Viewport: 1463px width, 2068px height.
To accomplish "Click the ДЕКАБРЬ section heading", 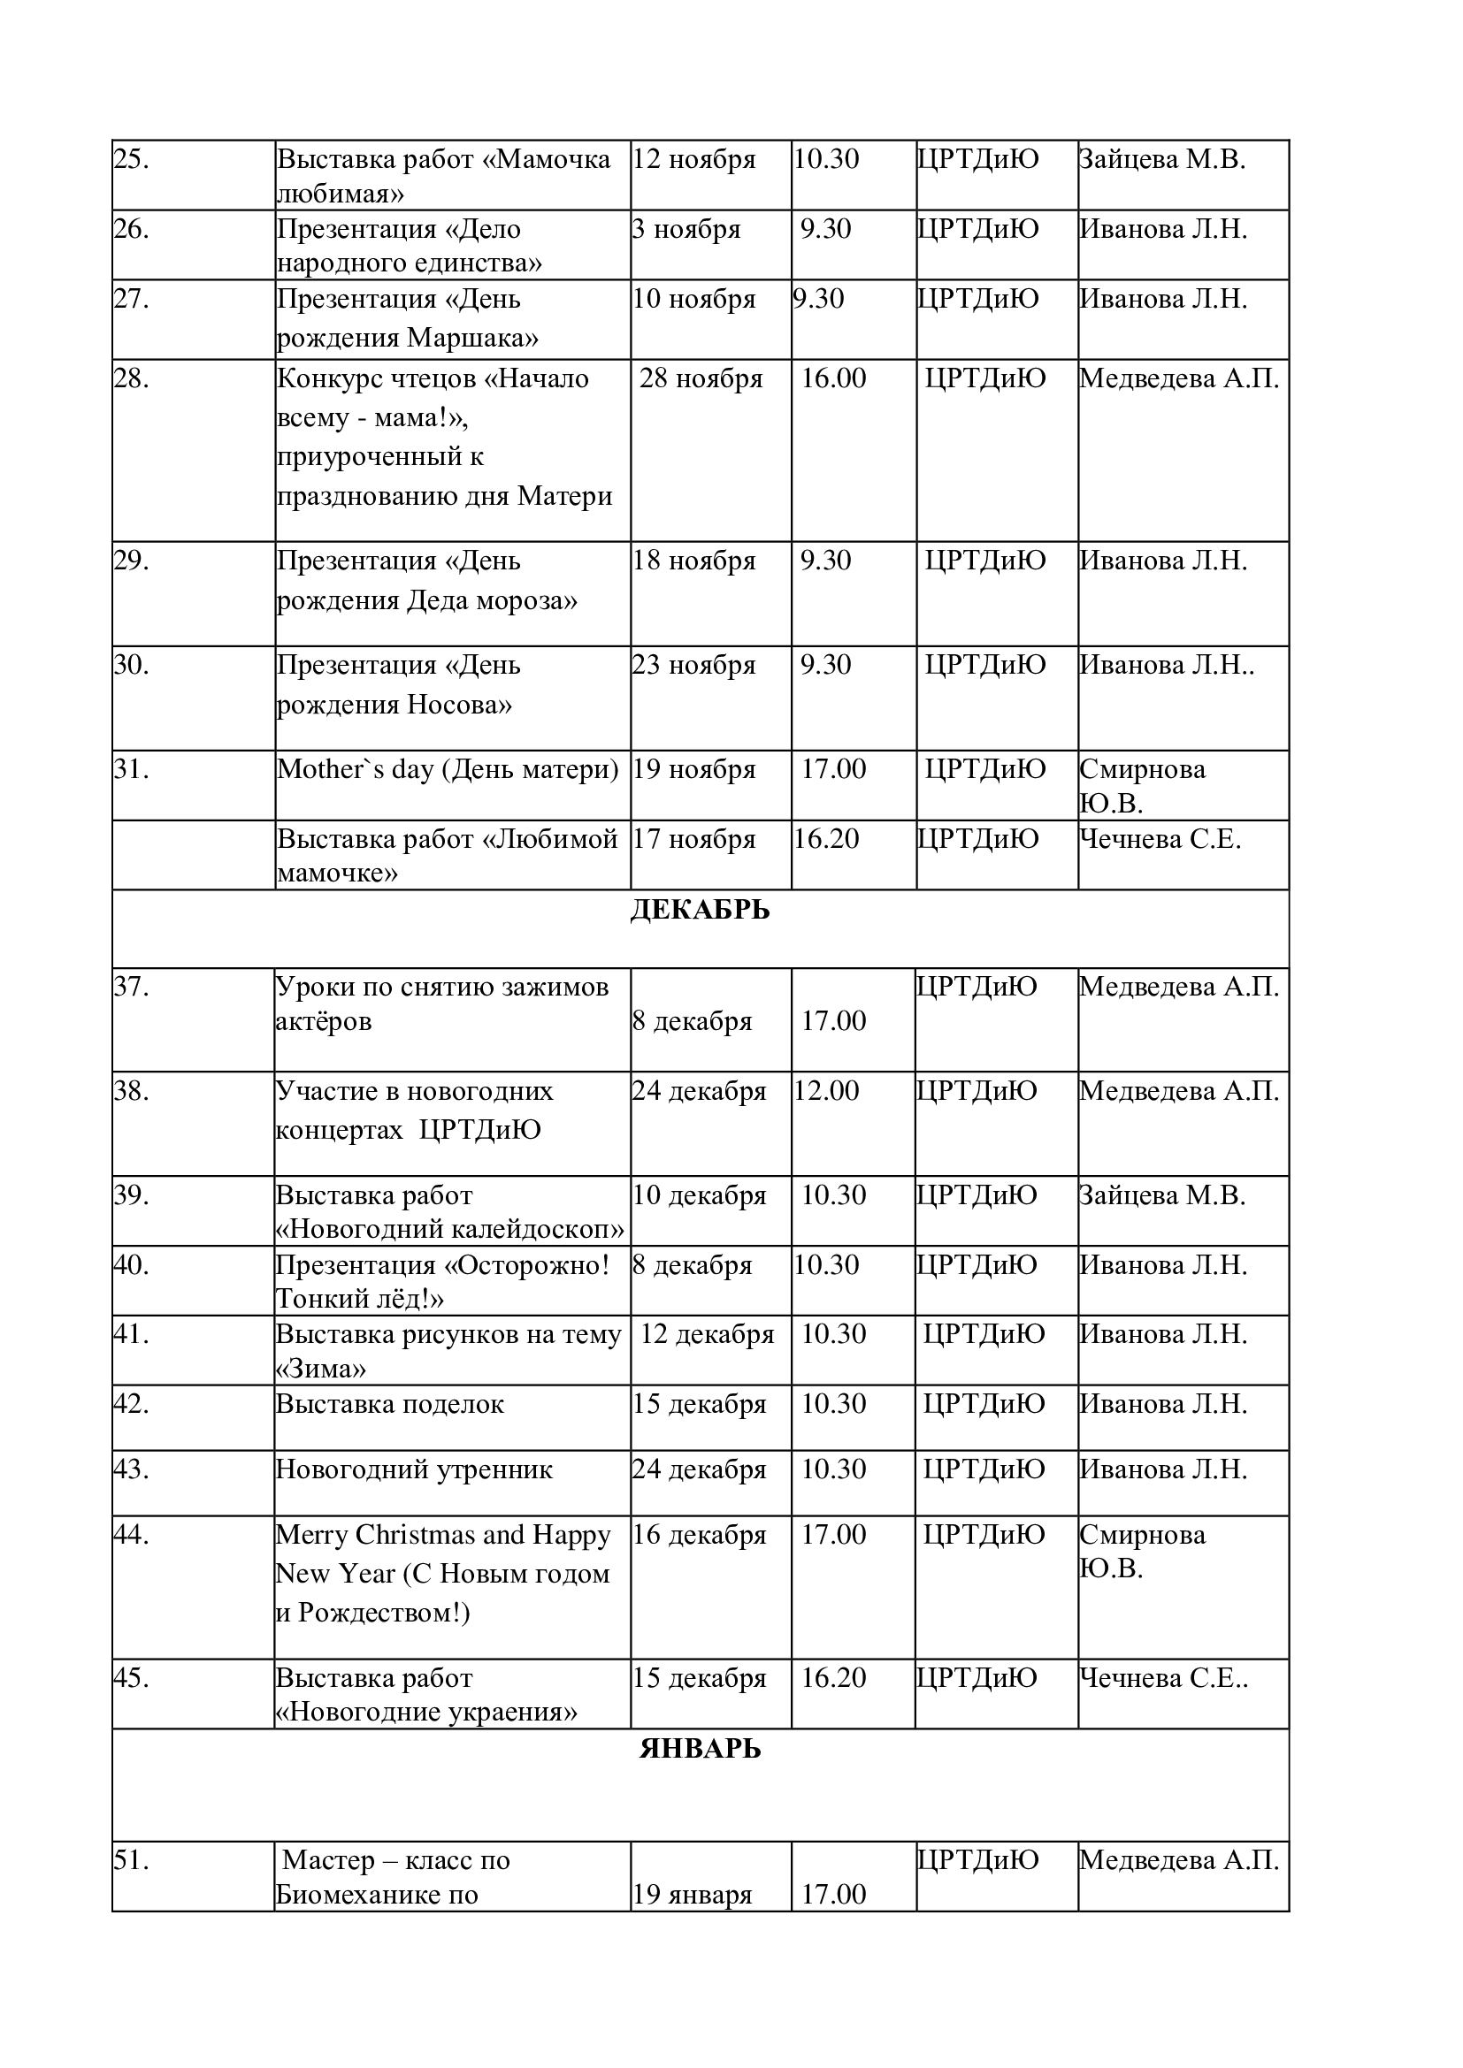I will (699, 911).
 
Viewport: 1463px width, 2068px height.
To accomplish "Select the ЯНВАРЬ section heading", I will (699, 1749).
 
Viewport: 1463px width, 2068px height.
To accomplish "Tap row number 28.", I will (132, 378).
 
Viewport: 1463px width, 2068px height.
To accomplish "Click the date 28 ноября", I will (701, 378).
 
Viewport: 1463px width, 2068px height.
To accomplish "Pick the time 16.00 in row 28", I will (833, 378).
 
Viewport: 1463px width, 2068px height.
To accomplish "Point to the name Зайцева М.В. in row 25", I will (1161, 159).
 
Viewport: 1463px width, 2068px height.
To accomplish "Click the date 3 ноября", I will (686, 229).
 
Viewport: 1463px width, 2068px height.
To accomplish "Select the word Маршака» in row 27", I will (473, 338).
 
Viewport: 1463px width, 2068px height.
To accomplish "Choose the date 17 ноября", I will (693, 838).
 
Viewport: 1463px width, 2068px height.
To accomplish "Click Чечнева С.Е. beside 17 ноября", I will (1160, 838).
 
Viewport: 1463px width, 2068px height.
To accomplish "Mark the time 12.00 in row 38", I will (826, 1091).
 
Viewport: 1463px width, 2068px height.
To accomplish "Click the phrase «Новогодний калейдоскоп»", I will (450, 1229).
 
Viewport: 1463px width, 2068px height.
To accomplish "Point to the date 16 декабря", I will (699, 1534).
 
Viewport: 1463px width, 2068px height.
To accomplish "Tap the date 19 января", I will (692, 1894).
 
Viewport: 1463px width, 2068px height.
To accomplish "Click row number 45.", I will (132, 1678).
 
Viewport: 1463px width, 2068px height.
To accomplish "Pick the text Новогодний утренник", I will (414, 1469).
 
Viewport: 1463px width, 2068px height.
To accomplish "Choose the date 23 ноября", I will (693, 665).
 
